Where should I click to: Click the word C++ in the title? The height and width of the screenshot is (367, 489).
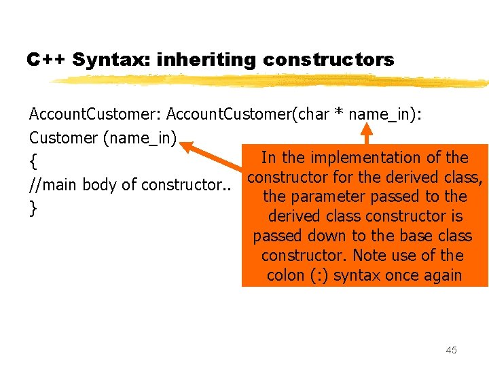click(x=46, y=60)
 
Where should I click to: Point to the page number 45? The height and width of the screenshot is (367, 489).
click(x=451, y=350)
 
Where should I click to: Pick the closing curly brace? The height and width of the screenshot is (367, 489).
click(x=33, y=208)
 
